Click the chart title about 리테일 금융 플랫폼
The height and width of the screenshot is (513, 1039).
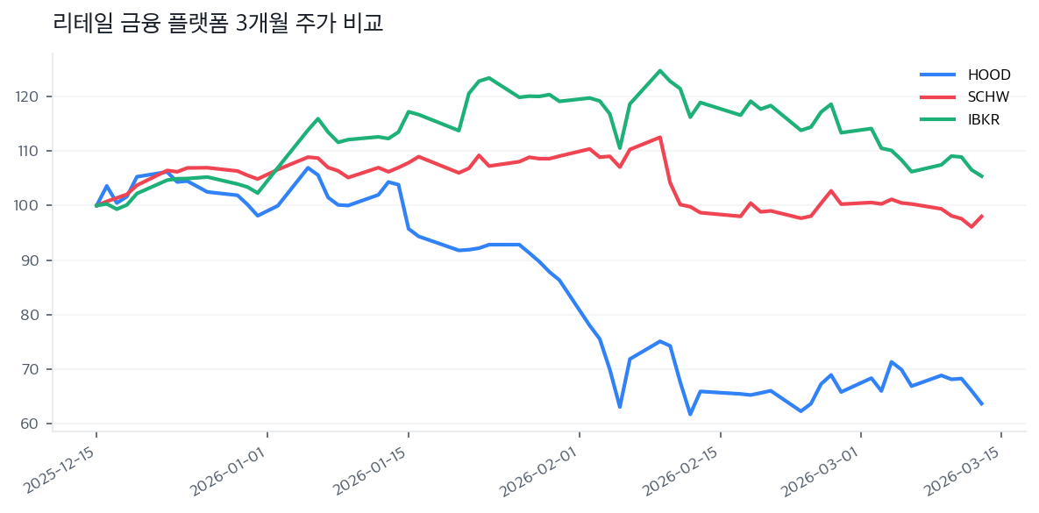click(217, 24)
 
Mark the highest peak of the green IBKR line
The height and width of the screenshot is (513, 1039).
click(659, 71)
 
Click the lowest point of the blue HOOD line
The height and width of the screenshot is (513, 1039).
click(690, 414)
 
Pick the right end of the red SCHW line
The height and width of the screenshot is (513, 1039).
click(982, 216)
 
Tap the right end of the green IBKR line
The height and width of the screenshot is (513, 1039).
click(982, 176)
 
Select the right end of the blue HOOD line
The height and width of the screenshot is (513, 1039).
click(982, 403)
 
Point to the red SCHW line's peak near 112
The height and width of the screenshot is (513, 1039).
click(659, 137)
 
